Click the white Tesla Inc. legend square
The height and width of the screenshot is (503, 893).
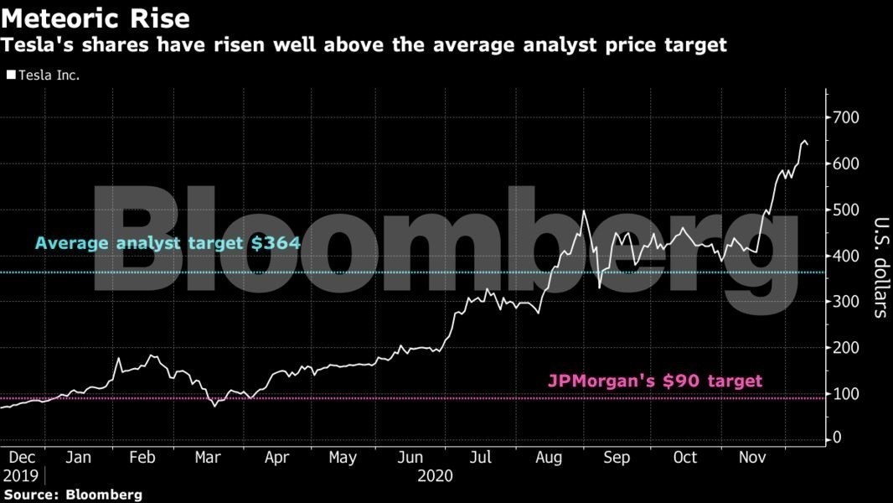[x=11, y=75]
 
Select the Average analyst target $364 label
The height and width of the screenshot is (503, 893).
[x=168, y=244]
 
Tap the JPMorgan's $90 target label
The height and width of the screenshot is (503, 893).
[x=655, y=380]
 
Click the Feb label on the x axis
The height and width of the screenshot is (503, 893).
[x=142, y=458]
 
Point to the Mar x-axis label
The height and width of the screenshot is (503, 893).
[x=208, y=458]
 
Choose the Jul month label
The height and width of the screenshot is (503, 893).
[x=480, y=458]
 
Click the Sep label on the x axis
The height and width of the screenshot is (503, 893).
[x=617, y=458]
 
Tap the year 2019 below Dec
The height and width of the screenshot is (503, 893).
[x=20, y=475]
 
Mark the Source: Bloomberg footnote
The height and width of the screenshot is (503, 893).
[x=72, y=495]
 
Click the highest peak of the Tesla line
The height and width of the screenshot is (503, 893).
[x=803, y=141]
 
